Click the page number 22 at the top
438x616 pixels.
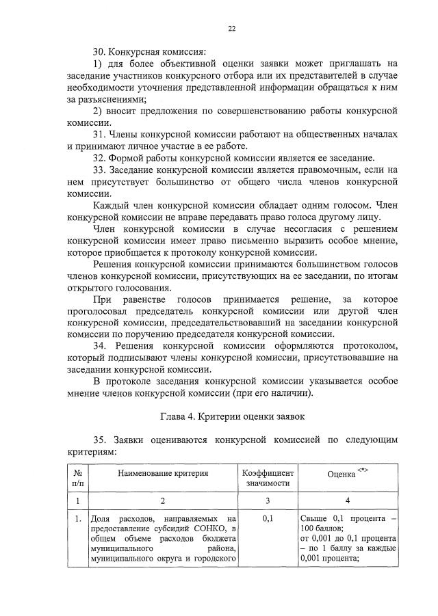(231, 28)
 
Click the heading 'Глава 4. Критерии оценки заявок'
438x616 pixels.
(232, 415)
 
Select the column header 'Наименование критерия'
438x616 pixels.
(163, 473)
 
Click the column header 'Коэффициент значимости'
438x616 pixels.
(268, 478)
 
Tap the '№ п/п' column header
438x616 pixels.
(77, 478)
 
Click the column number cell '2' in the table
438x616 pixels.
(162, 500)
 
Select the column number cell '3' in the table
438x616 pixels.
(268, 500)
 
